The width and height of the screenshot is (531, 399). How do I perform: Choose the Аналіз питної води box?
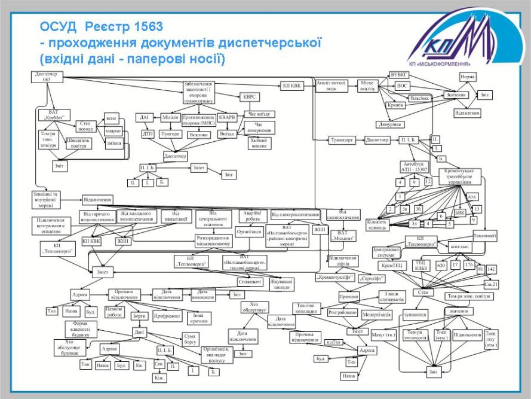(332, 85)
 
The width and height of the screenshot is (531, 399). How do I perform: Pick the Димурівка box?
(389, 124)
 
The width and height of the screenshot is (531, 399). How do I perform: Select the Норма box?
(467, 77)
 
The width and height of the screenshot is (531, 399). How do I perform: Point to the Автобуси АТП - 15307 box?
(412, 166)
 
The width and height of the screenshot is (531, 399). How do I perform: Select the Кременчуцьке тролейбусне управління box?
(464, 176)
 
